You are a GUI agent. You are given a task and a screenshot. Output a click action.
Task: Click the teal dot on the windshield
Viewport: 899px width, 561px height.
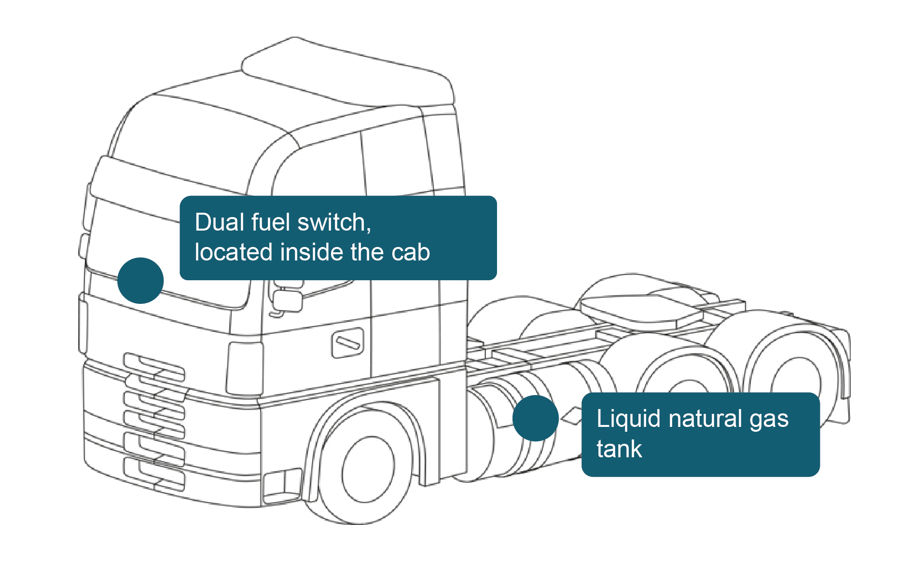click(140, 280)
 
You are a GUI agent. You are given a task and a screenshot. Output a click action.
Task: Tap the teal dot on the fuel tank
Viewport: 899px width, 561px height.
click(535, 418)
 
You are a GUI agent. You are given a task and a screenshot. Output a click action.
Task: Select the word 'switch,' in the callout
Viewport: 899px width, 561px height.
click(334, 223)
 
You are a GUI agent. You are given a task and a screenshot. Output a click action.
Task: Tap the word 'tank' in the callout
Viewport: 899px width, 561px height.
click(619, 449)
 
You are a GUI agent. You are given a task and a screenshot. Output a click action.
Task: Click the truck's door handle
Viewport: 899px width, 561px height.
click(347, 343)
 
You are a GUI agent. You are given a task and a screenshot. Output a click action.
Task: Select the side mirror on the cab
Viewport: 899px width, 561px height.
click(288, 300)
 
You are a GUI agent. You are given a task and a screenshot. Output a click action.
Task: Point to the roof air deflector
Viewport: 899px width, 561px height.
click(347, 72)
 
